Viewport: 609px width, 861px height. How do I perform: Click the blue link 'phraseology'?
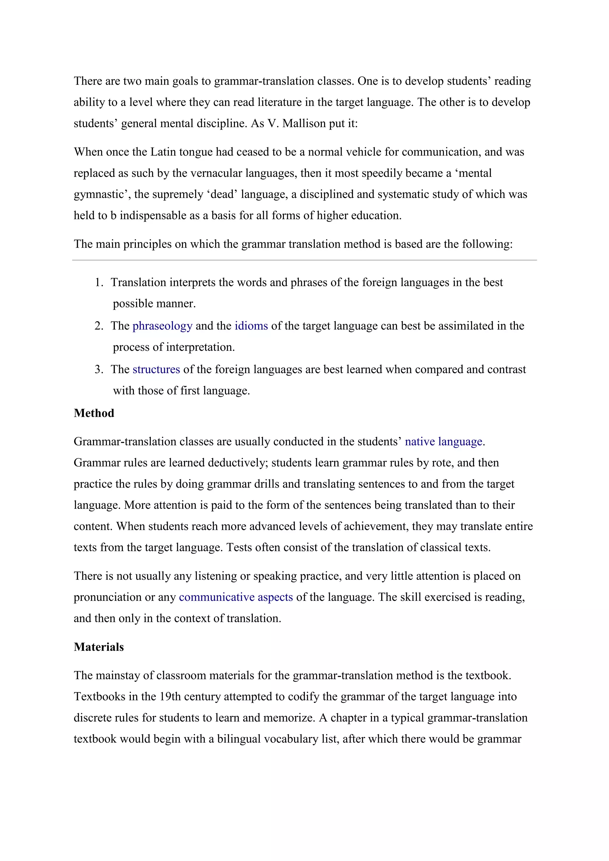162,326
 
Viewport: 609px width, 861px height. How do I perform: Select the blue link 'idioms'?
251,326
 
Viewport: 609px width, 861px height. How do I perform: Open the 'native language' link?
443,442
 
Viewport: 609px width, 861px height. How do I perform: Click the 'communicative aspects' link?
236,597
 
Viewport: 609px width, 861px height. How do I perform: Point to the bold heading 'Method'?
94,413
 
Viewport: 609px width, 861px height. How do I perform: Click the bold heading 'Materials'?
99,647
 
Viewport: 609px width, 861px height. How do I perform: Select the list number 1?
99,282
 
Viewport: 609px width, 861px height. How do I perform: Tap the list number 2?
99,326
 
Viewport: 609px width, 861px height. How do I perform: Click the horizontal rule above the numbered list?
304,260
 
